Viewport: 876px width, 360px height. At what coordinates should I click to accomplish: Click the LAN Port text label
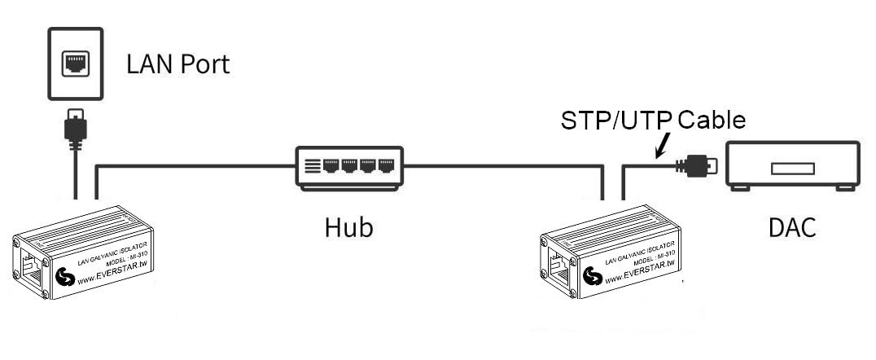pyautogui.click(x=177, y=64)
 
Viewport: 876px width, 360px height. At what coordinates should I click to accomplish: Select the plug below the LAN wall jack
pyautogui.click(x=76, y=128)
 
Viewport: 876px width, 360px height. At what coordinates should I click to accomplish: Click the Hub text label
pyautogui.click(x=348, y=227)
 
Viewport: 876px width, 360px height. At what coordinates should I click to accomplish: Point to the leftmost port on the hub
pyautogui.click(x=331, y=165)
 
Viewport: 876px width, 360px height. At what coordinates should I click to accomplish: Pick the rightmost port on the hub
pyautogui.click(x=386, y=165)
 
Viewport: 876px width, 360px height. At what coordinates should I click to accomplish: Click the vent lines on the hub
pyautogui.click(x=313, y=165)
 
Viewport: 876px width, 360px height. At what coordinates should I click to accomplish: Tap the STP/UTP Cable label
pyautogui.click(x=653, y=121)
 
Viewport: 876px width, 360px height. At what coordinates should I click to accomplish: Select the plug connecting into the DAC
pyautogui.click(x=695, y=166)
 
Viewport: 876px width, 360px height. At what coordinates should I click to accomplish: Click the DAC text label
pyautogui.click(x=792, y=227)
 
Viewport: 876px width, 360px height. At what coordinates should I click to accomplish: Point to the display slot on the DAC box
pyautogui.click(x=793, y=169)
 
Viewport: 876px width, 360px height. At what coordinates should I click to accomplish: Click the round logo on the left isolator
pyautogui.click(x=65, y=276)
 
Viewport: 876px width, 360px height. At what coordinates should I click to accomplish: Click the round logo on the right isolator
pyautogui.click(x=593, y=275)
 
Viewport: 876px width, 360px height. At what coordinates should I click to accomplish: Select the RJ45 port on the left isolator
pyautogui.click(x=31, y=268)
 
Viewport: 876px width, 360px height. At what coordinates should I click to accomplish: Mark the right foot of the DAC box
pyautogui.click(x=845, y=188)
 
